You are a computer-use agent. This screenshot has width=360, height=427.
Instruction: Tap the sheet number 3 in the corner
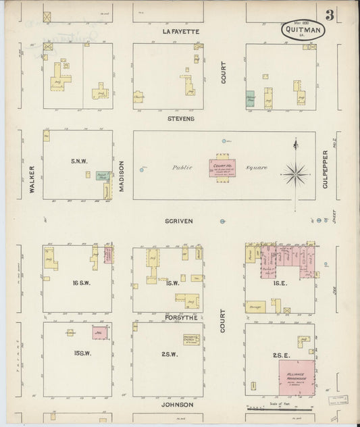click(x=329, y=16)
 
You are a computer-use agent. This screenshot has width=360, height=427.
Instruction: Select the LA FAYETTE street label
click(x=178, y=32)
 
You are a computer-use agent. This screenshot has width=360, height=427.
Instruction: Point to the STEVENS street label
click(x=181, y=118)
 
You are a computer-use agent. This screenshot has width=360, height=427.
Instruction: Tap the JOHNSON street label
click(x=179, y=405)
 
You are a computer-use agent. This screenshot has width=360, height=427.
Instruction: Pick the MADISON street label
click(x=122, y=176)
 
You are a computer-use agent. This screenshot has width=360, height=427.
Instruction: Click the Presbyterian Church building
click(x=191, y=340)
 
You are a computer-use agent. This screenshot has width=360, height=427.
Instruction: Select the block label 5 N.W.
click(x=80, y=161)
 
